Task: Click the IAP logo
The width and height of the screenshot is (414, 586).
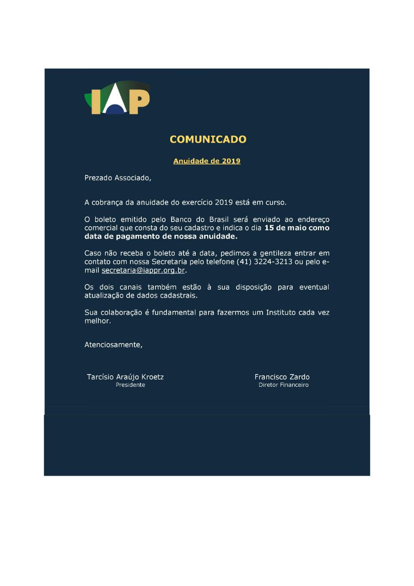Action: click(118, 98)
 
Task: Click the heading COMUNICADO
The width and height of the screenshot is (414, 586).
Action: click(208, 139)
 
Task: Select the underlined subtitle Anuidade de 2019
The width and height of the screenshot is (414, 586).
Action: click(207, 161)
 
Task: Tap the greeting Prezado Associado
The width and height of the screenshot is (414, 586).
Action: click(118, 178)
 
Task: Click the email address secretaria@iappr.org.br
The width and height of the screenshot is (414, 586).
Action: click(143, 271)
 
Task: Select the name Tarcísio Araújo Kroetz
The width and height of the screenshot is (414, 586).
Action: click(125, 377)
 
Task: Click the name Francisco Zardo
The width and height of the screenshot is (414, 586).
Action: click(282, 377)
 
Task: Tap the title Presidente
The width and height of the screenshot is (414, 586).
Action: click(130, 385)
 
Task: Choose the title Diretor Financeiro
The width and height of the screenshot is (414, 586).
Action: click(284, 385)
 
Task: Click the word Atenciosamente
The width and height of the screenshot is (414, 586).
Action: click(113, 345)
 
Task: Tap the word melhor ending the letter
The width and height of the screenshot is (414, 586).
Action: click(97, 321)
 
